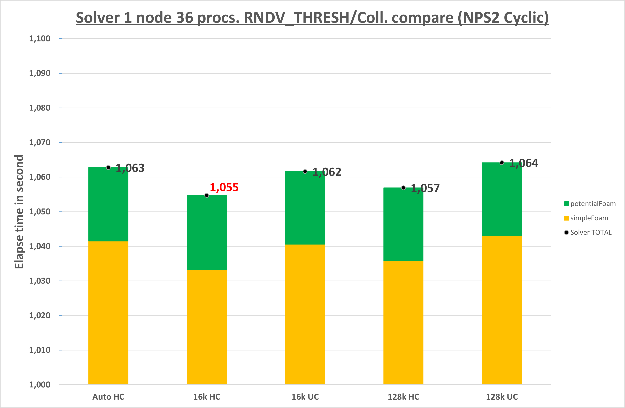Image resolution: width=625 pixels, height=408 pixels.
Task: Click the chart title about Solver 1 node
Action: [x=312, y=18]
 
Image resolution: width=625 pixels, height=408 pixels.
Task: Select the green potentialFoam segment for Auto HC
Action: [x=108, y=204]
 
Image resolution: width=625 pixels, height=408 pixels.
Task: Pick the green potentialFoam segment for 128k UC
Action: [x=502, y=199]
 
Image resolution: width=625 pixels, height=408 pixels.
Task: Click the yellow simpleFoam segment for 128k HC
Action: [x=403, y=323]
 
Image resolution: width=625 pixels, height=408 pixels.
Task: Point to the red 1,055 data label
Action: [x=224, y=187]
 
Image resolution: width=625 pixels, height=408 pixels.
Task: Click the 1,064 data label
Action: [x=524, y=163]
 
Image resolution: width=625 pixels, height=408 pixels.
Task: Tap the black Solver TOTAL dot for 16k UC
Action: [x=305, y=171]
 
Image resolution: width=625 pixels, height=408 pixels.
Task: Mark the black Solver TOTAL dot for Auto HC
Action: [x=108, y=167]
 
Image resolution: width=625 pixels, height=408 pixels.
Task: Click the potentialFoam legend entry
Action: [x=590, y=204]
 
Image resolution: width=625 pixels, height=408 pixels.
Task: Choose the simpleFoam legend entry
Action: [x=586, y=218]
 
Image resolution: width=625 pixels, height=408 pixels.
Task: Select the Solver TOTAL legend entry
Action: [x=588, y=232]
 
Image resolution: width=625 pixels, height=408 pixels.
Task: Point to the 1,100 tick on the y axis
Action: [x=40, y=39]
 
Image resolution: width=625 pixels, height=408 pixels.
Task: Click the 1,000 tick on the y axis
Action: [x=40, y=385]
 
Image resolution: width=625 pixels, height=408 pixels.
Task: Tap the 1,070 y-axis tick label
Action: [x=40, y=143]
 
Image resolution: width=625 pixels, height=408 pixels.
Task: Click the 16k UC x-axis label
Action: [x=305, y=397]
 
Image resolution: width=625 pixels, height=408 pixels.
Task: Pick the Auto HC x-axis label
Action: [x=108, y=397]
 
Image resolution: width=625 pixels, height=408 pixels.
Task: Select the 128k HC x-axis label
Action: [x=403, y=397]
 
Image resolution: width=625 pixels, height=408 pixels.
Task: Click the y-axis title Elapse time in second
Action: [x=19, y=211]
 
